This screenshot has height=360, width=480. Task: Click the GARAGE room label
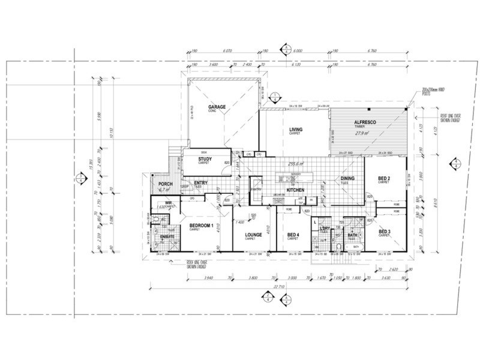(217, 107)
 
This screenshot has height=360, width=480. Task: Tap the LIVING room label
(295, 129)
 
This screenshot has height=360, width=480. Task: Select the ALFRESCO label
(364, 122)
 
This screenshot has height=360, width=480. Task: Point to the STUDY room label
(205, 159)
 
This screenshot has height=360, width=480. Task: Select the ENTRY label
(201, 183)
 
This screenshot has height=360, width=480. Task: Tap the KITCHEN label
(296, 190)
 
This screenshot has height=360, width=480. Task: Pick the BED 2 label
(385, 179)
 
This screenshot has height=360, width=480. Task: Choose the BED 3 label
(385, 231)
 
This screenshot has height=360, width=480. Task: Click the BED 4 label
(293, 235)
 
